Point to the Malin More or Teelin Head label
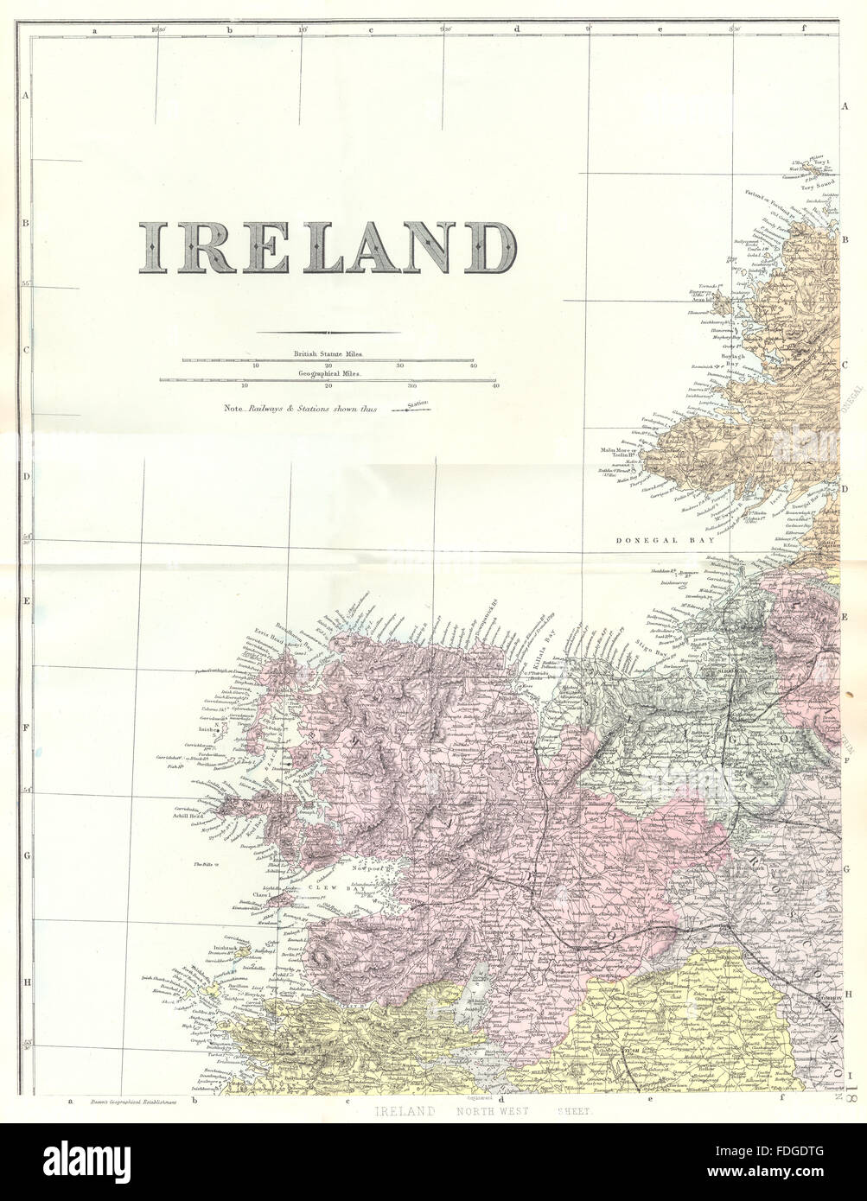[618, 453]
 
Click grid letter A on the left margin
[26, 97]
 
